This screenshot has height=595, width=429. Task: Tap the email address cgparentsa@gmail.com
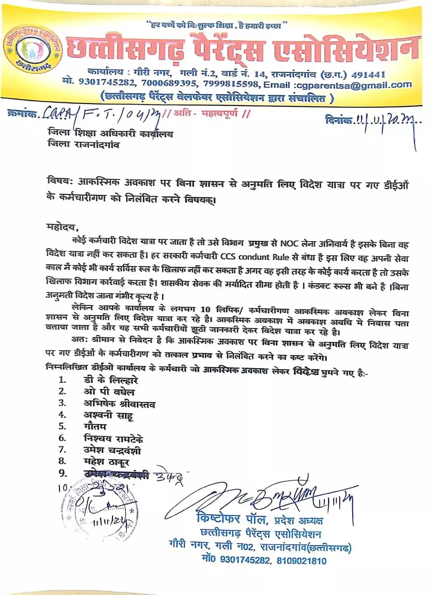click(353, 85)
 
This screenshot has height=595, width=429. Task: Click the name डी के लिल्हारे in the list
click(107, 380)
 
